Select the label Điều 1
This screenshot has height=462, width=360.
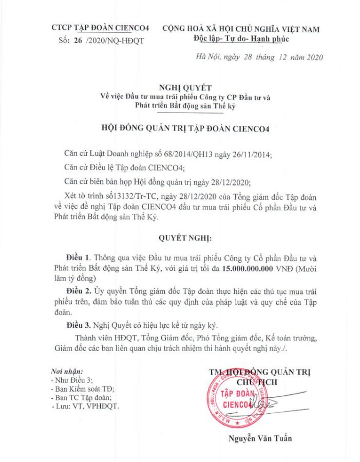click(81, 256)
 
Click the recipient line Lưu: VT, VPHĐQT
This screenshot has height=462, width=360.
click(85, 406)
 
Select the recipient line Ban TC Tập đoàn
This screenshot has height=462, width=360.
click(82, 397)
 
